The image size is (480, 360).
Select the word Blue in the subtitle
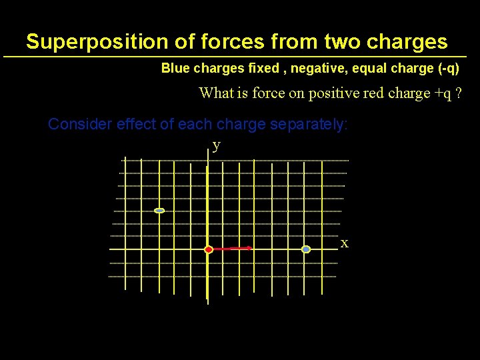tap(175, 69)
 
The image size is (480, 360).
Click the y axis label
tap(216, 145)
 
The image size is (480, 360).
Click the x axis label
tap(345, 244)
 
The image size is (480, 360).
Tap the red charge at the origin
tap(208, 249)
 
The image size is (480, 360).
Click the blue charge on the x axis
tap(306, 249)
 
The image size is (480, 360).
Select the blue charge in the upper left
tap(159, 211)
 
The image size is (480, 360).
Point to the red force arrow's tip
tap(250, 248)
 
